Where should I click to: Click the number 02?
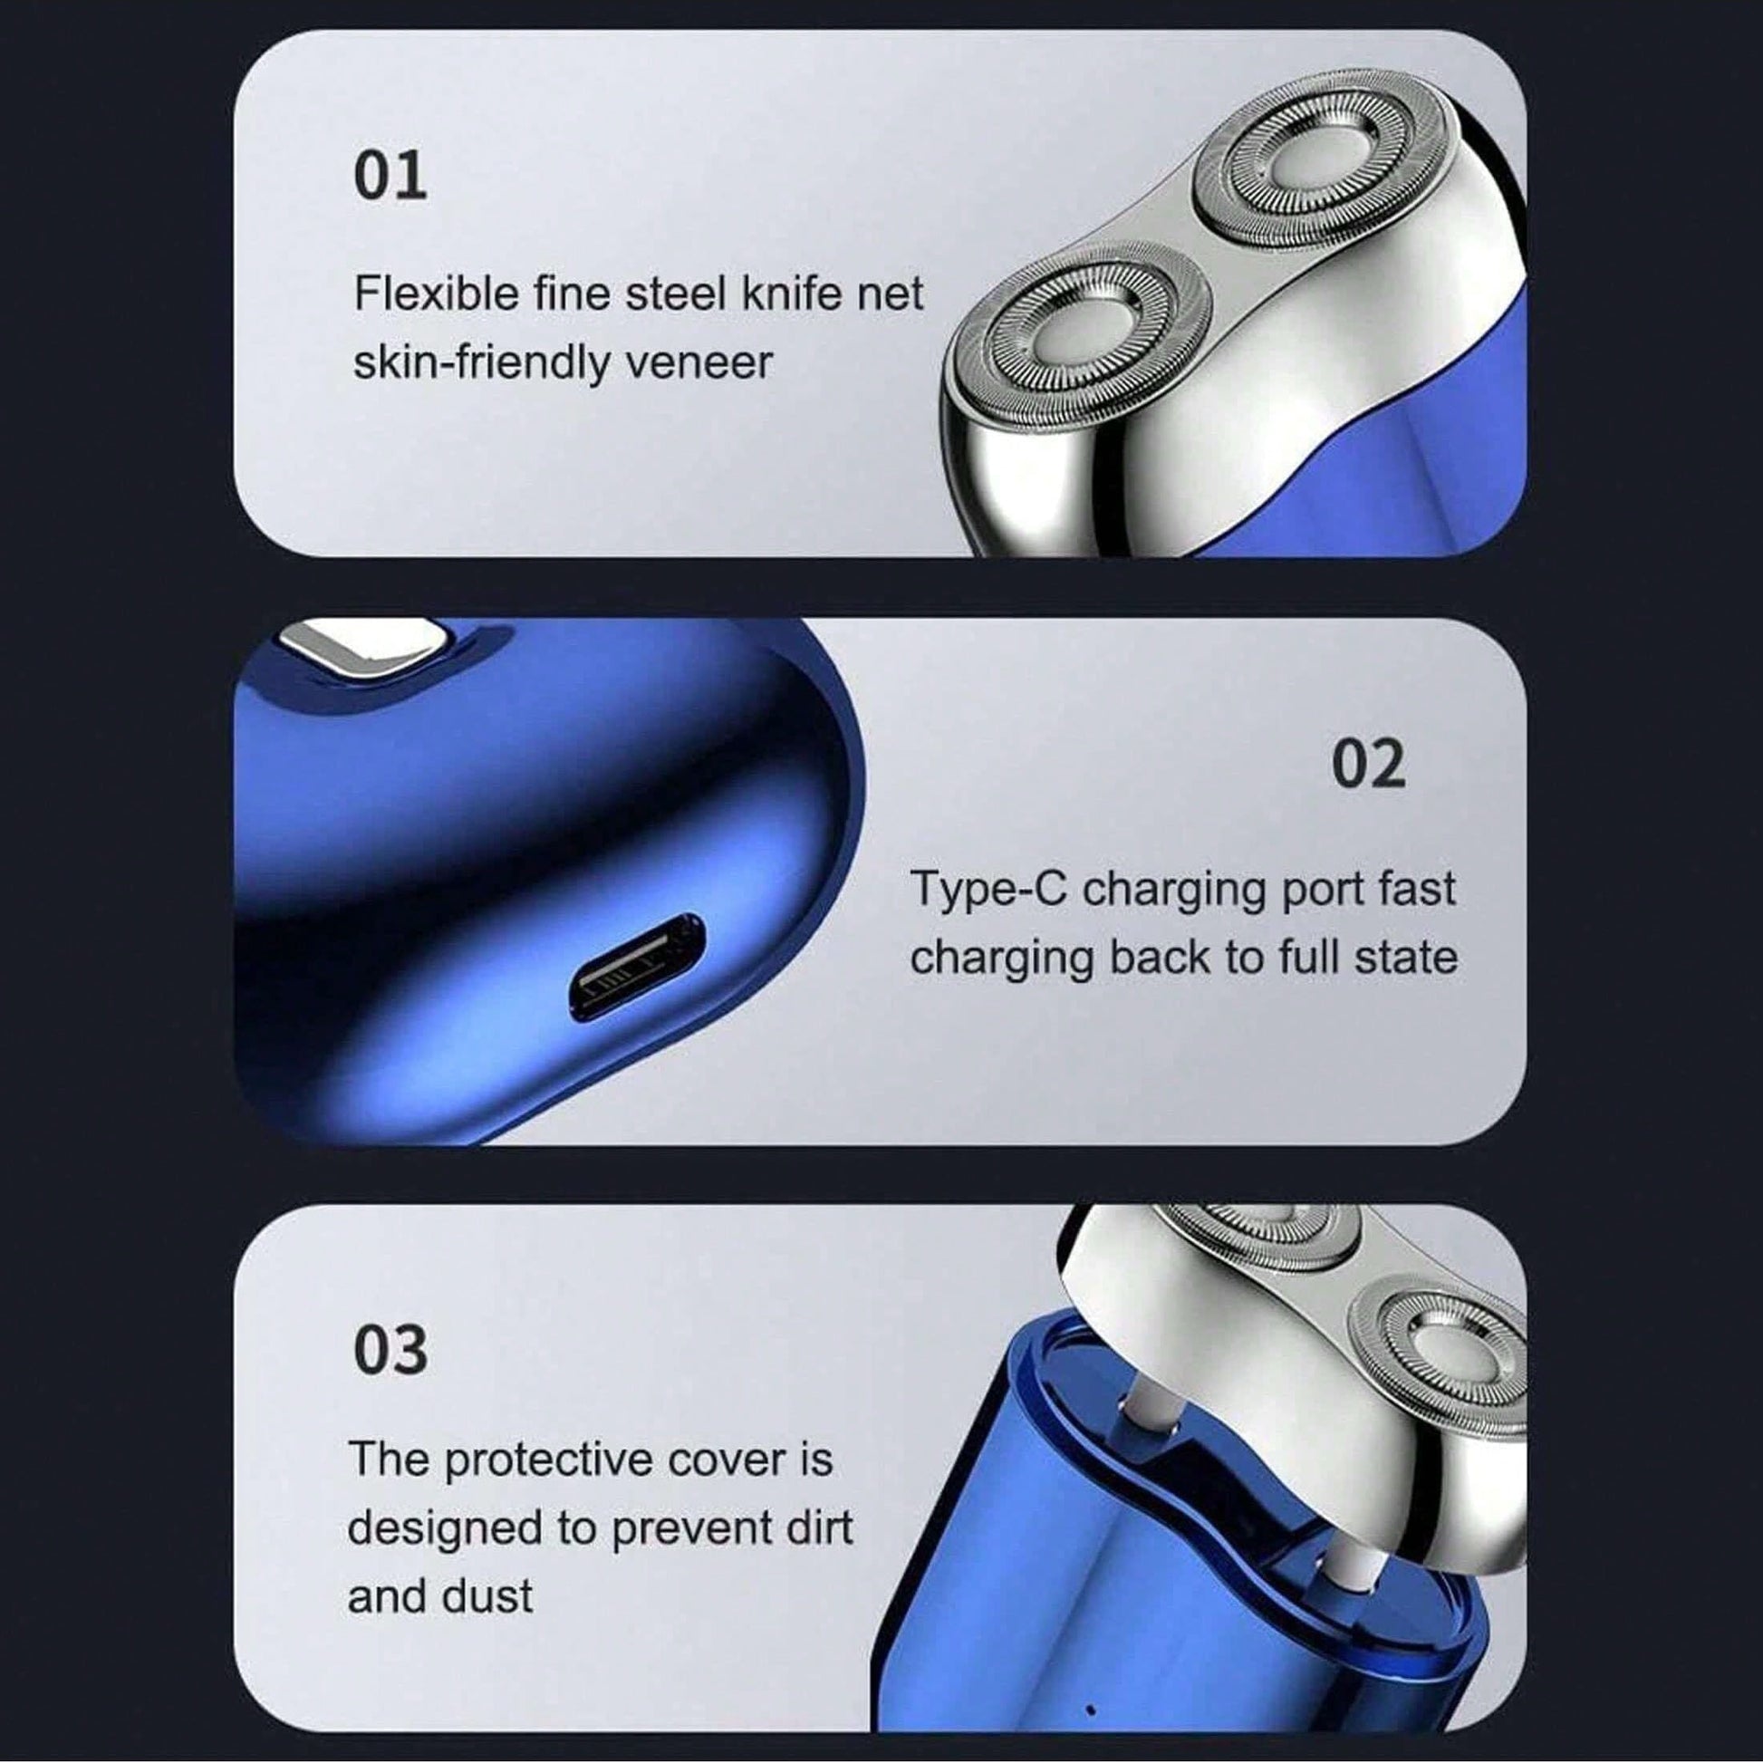(1368, 764)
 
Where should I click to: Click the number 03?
(390, 1351)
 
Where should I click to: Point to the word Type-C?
(988, 890)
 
